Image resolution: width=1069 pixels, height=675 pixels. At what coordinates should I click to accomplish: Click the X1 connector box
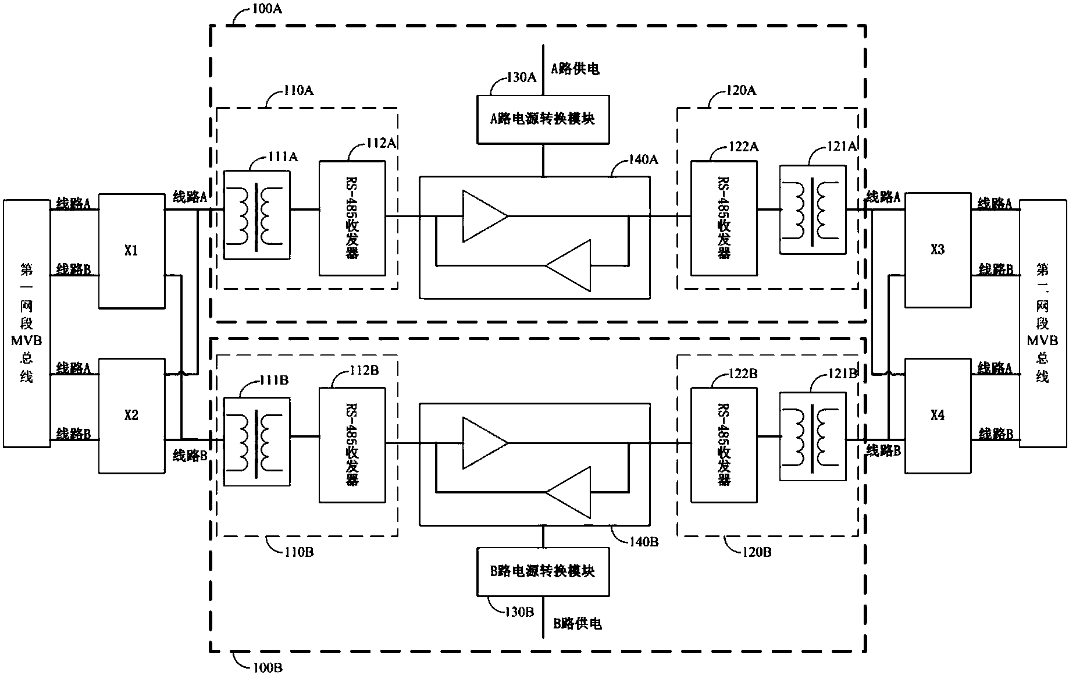131,251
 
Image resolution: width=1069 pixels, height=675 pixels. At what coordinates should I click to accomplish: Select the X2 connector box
131,415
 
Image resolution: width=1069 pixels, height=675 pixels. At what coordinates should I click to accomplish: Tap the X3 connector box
938,250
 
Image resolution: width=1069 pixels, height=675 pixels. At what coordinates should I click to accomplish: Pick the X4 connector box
938,415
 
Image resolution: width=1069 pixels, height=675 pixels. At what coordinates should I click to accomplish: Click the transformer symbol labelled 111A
257,215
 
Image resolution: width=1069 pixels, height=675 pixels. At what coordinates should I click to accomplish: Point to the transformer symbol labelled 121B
813,436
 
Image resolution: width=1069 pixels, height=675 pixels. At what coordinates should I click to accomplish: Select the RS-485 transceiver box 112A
352,218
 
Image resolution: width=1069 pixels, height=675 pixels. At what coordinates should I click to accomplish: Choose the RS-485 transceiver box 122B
724,445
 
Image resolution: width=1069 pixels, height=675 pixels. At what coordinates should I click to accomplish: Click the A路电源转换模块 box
543,119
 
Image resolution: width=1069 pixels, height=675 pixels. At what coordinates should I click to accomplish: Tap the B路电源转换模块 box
543,571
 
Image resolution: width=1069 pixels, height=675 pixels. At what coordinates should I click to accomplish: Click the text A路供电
575,69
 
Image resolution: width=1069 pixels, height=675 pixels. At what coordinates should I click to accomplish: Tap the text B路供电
577,624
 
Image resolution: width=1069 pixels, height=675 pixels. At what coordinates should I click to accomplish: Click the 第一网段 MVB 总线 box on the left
27,324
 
